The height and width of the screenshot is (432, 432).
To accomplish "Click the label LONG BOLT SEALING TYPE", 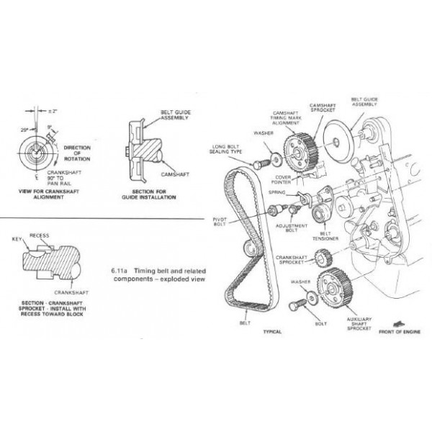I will [237, 153].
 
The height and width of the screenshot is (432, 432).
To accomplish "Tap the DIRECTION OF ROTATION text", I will [76, 154].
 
